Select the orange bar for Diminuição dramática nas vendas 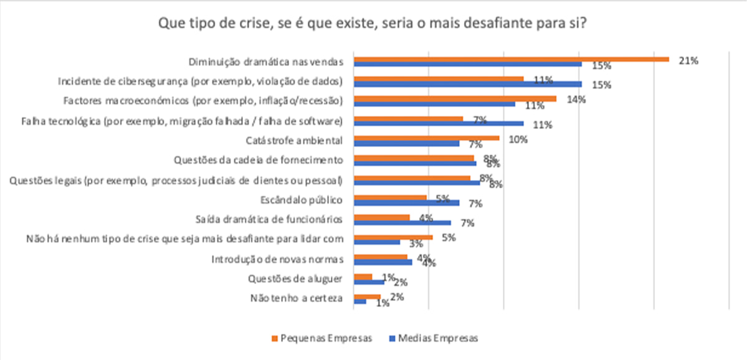pyautogui.click(x=511, y=59)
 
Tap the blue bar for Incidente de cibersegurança pyautogui.click(x=467, y=84)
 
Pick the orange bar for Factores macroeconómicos pyautogui.click(x=455, y=98)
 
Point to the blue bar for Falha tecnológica pyautogui.click(x=439, y=123)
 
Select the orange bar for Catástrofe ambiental pyautogui.click(x=427, y=138)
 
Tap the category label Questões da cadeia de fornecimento pyautogui.click(x=259, y=160)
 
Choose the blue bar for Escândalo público pyautogui.click(x=406, y=203)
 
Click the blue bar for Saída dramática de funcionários pyautogui.click(x=402, y=222)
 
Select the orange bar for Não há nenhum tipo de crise pyautogui.click(x=393, y=237)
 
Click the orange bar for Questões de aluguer pyautogui.click(x=363, y=277)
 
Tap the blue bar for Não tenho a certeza pyautogui.click(x=359, y=301)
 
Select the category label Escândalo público pyautogui.click(x=302, y=200)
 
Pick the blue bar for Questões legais pyautogui.click(x=417, y=183)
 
